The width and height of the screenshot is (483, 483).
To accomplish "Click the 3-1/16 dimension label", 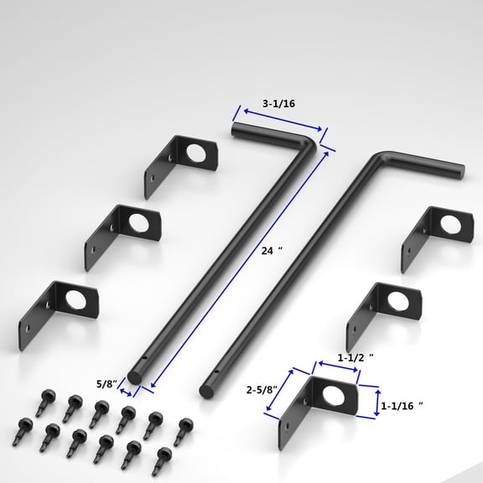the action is pos(278,104).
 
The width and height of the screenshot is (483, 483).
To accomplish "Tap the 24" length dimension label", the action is pos(272,251).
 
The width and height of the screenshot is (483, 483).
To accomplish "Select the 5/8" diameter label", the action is pos(106,384).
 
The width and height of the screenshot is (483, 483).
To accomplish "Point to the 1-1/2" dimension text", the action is pos(356,357).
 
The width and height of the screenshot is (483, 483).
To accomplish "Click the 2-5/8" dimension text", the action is pos(262,390).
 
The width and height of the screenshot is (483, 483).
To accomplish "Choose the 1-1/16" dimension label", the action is pos(402,406).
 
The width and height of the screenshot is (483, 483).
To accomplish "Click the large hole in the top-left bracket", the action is pos(196,153).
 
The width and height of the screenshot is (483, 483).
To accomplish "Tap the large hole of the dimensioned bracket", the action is pos(334,395).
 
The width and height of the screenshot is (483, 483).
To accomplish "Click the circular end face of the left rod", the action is pos(134,377).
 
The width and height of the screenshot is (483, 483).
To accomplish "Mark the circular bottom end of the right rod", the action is pos(206,392).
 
